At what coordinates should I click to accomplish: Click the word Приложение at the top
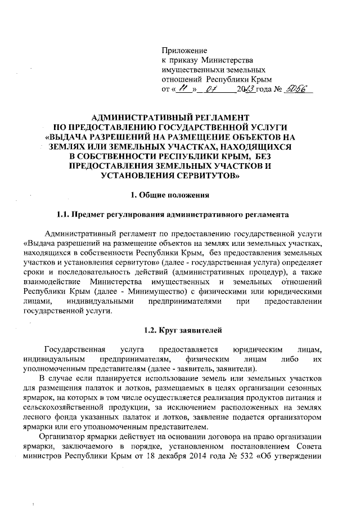[184, 51]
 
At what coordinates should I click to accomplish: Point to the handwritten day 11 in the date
[184, 88]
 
